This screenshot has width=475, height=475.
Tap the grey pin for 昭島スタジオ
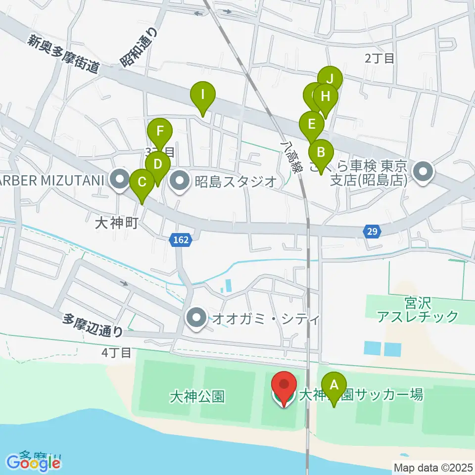pyautogui.click(x=179, y=181)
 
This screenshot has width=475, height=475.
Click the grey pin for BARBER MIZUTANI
pyautogui.click(x=119, y=181)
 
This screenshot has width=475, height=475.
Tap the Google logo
pyautogui.click(x=34, y=463)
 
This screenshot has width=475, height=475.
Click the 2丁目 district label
pyautogui.click(x=380, y=58)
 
